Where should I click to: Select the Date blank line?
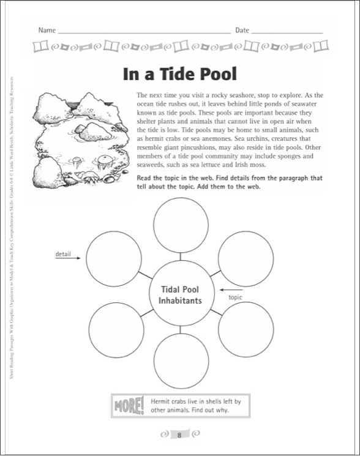tap(287, 31)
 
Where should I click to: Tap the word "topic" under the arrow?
tap(236, 298)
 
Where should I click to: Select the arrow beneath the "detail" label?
tap(69, 259)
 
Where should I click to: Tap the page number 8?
tap(179, 435)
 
